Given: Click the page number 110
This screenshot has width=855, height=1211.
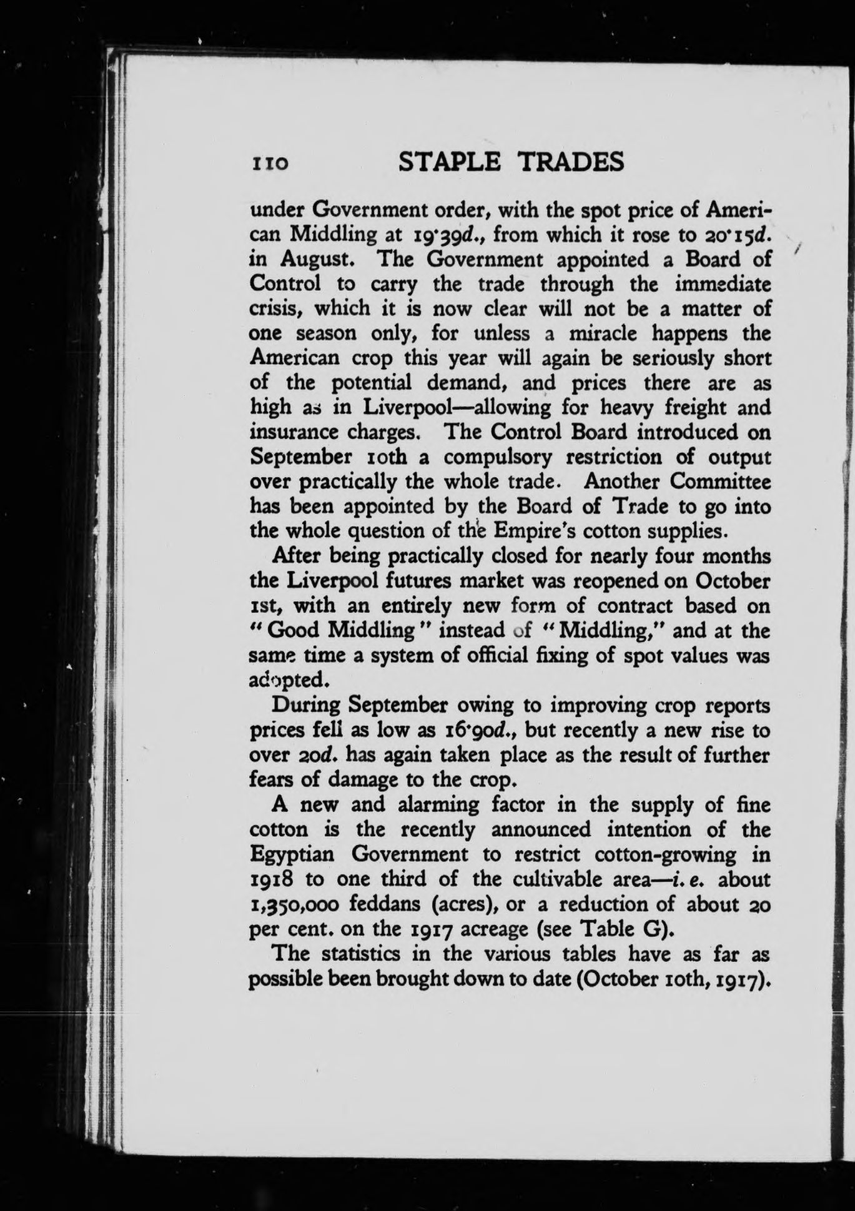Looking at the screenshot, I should (x=269, y=164).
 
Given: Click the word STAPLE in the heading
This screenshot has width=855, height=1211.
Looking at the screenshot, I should (x=448, y=162).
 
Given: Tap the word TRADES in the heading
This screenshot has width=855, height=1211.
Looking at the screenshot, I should (x=572, y=162).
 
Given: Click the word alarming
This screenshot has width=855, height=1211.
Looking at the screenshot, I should (x=438, y=805).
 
